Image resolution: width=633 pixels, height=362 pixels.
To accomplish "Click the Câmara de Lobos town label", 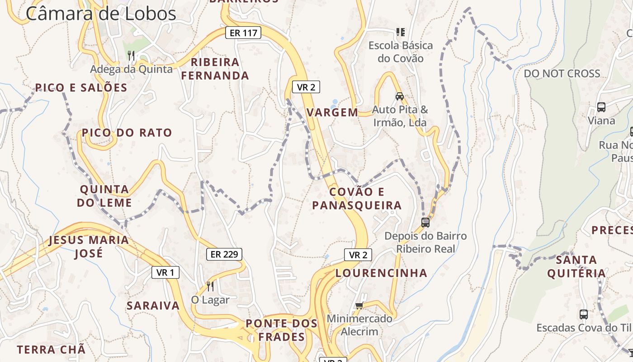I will (101, 14).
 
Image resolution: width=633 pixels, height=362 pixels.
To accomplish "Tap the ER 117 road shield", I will (243, 33).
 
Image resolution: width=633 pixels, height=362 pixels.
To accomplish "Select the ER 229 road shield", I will (224, 254).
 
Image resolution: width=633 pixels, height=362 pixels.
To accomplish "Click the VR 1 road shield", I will (165, 272).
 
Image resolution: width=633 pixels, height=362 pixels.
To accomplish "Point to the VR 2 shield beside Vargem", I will (306, 87).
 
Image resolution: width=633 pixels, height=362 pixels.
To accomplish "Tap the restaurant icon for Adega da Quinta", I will (131, 56).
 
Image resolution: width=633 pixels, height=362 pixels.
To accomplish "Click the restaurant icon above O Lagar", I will (210, 286).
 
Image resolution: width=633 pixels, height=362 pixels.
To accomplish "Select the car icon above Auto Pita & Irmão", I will (399, 96).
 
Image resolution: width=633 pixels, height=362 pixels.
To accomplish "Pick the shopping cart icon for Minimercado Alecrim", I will (359, 305).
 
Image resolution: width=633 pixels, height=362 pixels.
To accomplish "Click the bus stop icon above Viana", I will (601, 107).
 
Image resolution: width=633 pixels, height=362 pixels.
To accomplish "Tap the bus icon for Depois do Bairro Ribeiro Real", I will (425, 222).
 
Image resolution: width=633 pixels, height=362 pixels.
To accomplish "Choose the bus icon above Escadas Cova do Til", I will (584, 314).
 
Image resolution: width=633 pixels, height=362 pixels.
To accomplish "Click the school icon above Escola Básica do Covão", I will (400, 32).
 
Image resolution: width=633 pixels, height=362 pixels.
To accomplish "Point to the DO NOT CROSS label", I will (562, 73).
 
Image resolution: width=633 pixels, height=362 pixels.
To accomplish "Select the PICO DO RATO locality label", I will (127, 133).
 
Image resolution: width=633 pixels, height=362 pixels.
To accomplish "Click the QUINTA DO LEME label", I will (104, 196).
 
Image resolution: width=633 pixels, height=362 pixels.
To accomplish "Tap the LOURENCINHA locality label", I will (381, 273).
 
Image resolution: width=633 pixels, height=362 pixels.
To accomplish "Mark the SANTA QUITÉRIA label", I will (576, 267).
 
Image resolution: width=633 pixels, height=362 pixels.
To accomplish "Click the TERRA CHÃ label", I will (51, 350).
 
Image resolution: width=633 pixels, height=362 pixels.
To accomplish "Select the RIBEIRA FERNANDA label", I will (215, 69).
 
